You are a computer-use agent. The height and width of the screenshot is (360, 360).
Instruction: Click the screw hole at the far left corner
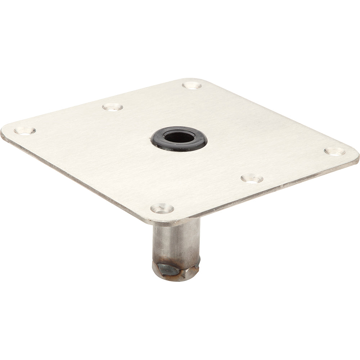click(x=24, y=131)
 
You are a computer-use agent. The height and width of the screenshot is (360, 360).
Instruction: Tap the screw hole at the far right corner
click(x=334, y=151)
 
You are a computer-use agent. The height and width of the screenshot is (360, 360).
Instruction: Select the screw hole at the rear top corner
click(x=192, y=85)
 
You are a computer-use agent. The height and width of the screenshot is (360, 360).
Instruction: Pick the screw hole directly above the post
click(x=162, y=208)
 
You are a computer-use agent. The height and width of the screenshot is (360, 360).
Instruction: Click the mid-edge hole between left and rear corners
click(x=112, y=107)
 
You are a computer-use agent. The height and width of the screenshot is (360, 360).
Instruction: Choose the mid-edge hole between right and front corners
click(x=252, y=178)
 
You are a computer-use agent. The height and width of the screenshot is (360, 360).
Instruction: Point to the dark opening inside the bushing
click(x=179, y=137)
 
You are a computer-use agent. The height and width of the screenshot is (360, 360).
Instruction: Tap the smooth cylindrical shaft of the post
click(x=176, y=239)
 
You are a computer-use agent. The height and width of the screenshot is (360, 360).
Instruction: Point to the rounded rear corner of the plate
click(x=194, y=80)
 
